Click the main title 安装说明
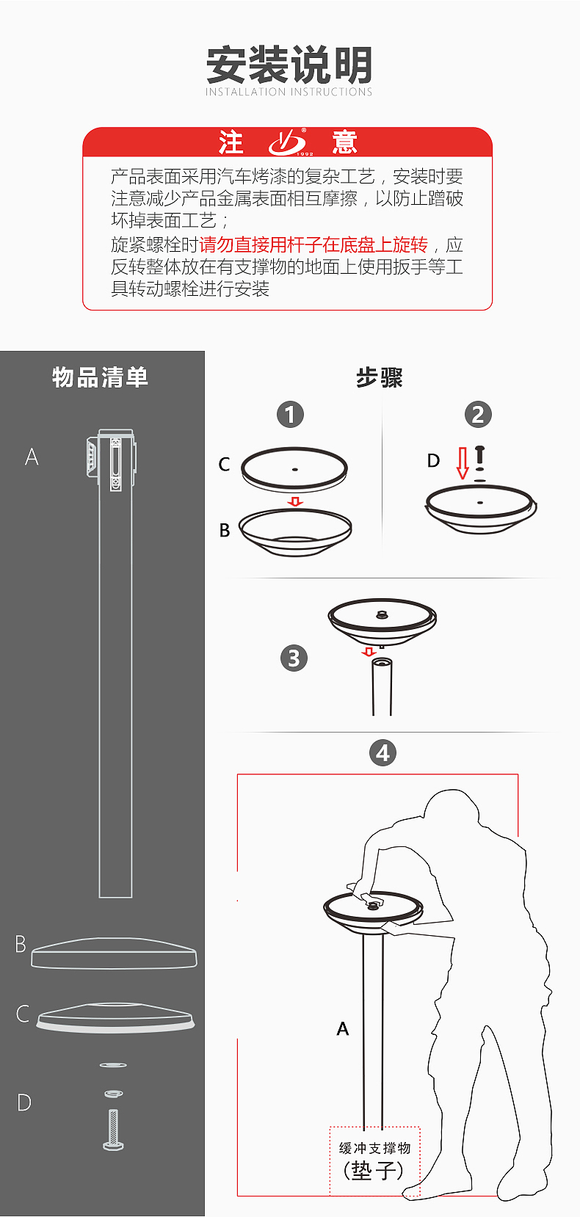289,65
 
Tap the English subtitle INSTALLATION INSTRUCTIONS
289,92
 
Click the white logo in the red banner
289,142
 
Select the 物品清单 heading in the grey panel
100,377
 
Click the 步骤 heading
380,377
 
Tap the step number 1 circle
290,415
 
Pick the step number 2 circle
479,415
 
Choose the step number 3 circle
294,658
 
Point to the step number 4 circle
383,753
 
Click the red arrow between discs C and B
295,501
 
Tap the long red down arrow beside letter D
463,463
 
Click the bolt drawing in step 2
479,458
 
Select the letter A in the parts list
32,457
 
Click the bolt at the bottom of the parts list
113,1130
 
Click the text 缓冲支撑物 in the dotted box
374,1147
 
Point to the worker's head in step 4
452,810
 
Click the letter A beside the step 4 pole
342,1028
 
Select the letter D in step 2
433,461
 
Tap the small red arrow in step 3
369,651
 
